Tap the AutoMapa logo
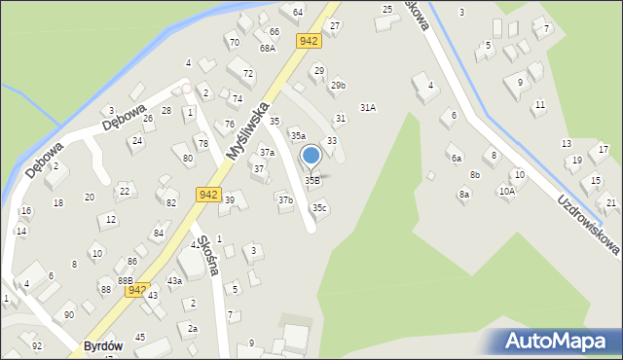(x=559, y=341)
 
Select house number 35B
(x=312, y=180)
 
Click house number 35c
(x=319, y=207)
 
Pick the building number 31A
(x=368, y=108)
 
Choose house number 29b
(x=338, y=87)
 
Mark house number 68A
(x=268, y=48)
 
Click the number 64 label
(x=298, y=12)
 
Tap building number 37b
(x=285, y=199)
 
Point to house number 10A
(x=507, y=192)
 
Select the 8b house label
(x=475, y=175)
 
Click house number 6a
(x=456, y=158)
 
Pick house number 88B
(x=125, y=280)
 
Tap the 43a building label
(x=174, y=280)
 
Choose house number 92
(x=37, y=345)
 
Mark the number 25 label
(x=387, y=10)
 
